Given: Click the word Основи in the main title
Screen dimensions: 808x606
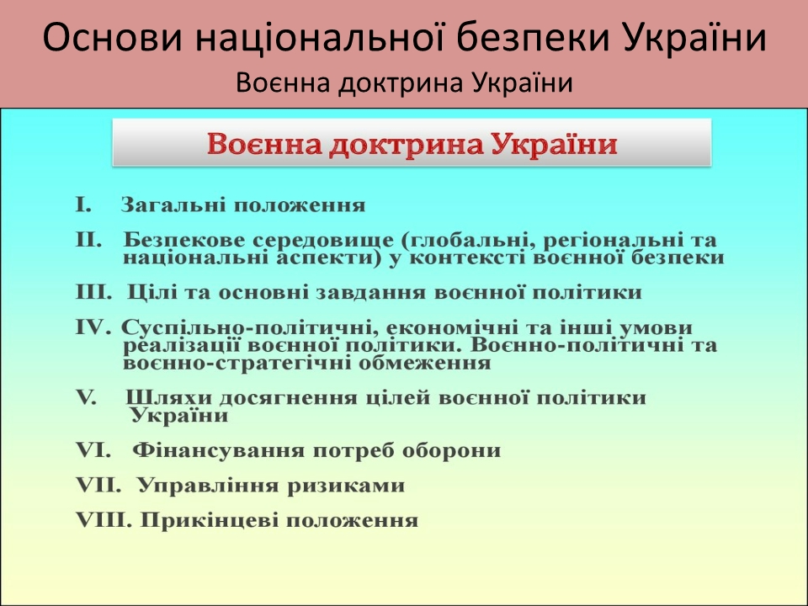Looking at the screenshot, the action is tap(113, 38).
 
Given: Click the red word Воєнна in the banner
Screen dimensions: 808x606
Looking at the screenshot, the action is tap(264, 144).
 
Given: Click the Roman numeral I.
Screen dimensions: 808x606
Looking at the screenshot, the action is tap(83, 205).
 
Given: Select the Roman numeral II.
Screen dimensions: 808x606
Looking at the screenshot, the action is tap(88, 240).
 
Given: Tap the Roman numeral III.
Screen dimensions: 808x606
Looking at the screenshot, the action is tap(93, 292).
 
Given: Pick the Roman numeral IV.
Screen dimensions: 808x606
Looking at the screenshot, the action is tap(93, 327).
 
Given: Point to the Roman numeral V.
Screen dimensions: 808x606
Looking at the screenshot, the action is tap(86, 397).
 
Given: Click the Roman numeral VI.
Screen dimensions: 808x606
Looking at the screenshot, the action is tap(93, 450).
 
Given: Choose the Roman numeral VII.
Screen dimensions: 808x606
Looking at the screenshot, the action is tap(98, 486).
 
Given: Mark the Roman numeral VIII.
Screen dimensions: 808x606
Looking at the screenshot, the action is tap(103, 520).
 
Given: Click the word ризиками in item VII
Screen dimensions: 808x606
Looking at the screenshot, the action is tap(346, 486).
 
